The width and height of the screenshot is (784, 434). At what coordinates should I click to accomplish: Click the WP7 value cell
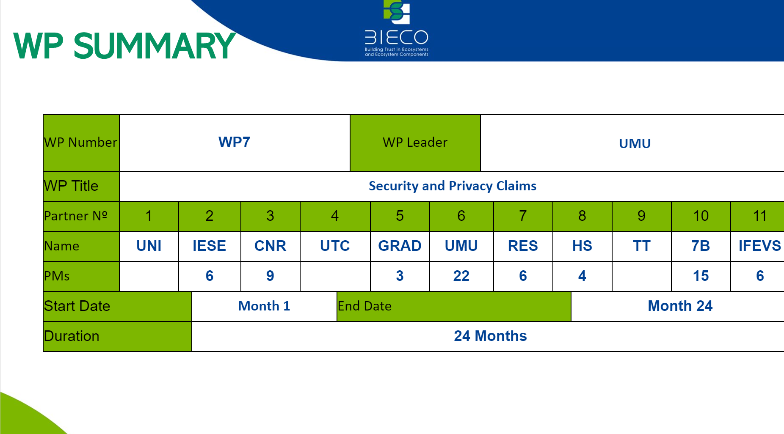pyautogui.click(x=234, y=143)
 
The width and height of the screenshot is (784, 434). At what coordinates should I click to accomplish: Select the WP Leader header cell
pyautogui.click(x=415, y=143)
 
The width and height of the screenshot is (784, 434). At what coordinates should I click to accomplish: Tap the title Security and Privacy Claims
pyautogui.click(x=453, y=186)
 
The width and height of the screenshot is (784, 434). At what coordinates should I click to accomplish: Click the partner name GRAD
pyautogui.click(x=400, y=246)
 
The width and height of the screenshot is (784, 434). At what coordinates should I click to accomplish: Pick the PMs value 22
pyautogui.click(x=461, y=276)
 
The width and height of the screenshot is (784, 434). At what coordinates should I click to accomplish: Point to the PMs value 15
pyautogui.click(x=701, y=276)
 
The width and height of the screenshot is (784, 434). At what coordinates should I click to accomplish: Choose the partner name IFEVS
pyautogui.click(x=760, y=246)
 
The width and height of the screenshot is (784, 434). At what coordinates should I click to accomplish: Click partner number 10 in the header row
pyautogui.click(x=701, y=216)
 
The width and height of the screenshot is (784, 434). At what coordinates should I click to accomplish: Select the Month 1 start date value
pyautogui.click(x=264, y=306)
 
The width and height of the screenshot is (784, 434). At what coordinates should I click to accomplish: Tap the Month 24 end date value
pyautogui.click(x=680, y=306)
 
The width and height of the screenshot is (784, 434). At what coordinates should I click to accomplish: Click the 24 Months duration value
pyautogui.click(x=490, y=336)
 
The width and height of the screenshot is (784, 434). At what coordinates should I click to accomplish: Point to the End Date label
pyautogui.click(x=364, y=306)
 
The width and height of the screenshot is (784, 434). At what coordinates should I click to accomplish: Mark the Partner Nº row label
pyautogui.click(x=76, y=216)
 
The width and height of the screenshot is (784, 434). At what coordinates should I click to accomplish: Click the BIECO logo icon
pyautogui.click(x=397, y=12)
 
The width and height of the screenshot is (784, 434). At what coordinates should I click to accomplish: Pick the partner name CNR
pyautogui.click(x=270, y=246)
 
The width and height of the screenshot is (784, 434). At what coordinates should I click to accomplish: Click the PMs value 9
pyautogui.click(x=270, y=276)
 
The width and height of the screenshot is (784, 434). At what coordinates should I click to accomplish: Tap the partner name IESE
pyautogui.click(x=209, y=246)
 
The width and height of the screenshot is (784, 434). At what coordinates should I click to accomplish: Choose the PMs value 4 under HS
pyautogui.click(x=582, y=276)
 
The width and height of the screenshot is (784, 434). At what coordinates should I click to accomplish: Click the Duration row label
pyautogui.click(x=72, y=336)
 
